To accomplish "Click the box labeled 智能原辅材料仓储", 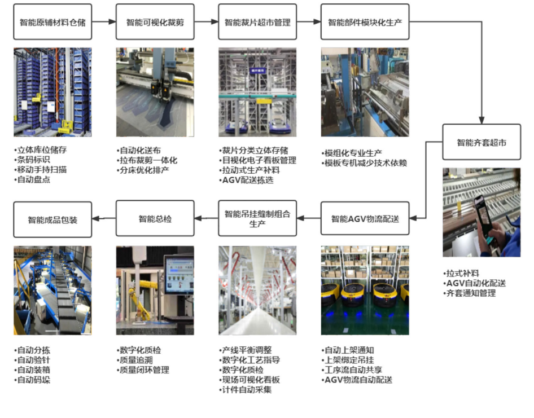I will pos(52,23).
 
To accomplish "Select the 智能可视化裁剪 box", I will pos(155,23).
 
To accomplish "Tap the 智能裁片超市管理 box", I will pos(257,23).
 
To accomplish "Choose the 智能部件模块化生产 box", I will pos(365,23).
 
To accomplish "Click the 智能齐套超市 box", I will pos(482,143).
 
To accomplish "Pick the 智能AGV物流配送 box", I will pos(365,219).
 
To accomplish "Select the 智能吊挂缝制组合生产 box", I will pos(257,219).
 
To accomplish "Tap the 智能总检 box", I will pos(155,219).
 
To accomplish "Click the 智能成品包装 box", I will pos(52,219).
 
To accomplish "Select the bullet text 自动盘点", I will pos(35,179).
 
